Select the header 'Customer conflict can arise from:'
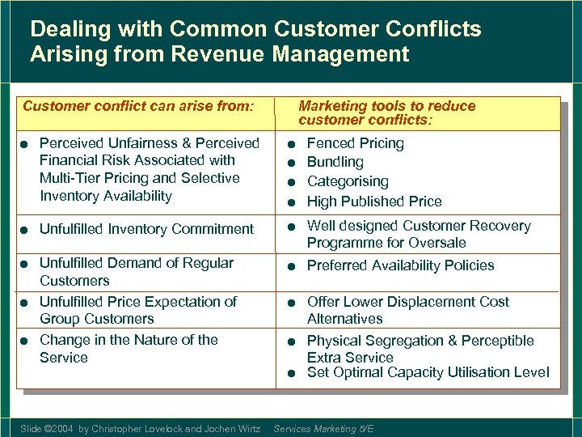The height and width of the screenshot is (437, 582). click(138, 106)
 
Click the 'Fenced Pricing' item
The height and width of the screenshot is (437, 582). click(355, 143)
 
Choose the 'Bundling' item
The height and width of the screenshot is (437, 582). click(335, 162)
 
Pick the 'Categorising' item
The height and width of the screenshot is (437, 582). click(348, 181)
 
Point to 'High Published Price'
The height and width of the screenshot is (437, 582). click(374, 201)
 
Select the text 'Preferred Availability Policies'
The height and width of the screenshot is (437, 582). click(400, 265)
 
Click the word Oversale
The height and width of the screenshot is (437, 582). click(439, 243)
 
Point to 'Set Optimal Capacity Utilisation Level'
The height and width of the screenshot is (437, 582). click(428, 372)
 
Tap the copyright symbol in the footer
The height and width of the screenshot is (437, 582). click(46, 429)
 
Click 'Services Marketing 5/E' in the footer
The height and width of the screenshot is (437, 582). click(323, 429)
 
